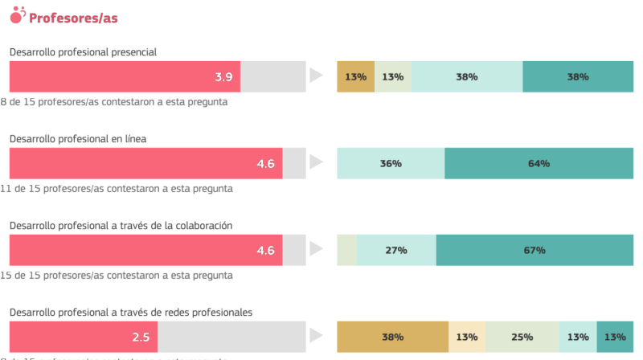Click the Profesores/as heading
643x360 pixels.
pos(73,16)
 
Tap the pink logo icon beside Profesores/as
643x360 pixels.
pos(18,14)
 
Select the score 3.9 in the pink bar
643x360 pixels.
pos(223,77)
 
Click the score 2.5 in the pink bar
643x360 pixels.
pos(141,337)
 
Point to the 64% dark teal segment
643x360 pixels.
pos(539,163)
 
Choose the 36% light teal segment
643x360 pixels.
pos(391,163)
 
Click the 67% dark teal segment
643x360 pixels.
pos(534,250)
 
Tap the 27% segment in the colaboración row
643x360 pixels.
pos(395,250)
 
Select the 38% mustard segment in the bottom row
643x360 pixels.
pos(392,337)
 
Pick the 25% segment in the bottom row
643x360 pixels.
pos(522,337)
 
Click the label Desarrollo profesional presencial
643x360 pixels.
pos(83,52)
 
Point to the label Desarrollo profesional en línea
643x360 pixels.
pos(77,139)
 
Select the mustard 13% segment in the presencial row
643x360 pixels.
pos(355,77)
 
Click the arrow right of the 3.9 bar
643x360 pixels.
pos(316,76)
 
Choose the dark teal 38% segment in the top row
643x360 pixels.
pos(577,77)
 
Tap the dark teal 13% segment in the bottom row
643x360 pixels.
pos(615,337)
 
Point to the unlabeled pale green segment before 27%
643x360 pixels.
pos(346,250)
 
